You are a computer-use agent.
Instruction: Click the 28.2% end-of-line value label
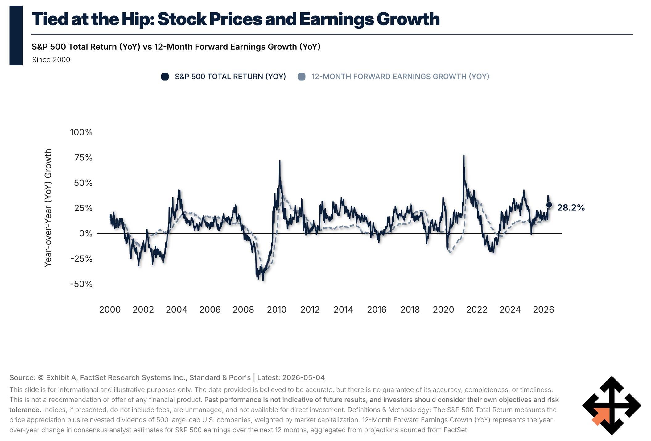(x=571, y=208)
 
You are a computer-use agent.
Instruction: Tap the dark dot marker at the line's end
(x=549, y=205)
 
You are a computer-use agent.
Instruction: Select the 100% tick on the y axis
(x=81, y=132)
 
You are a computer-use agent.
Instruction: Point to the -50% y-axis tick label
(x=81, y=284)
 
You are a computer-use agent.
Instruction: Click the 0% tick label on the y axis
(x=86, y=233)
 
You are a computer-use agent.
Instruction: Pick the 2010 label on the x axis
(x=277, y=310)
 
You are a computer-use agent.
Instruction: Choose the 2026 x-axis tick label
(x=543, y=310)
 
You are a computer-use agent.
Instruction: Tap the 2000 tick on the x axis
(x=110, y=310)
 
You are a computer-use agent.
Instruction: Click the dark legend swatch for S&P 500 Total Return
(x=165, y=77)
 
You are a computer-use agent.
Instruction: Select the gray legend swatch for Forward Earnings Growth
(x=302, y=77)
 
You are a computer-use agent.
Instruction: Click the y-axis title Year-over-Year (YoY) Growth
(x=48, y=208)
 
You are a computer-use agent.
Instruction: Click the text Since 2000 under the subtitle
(x=51, y=60)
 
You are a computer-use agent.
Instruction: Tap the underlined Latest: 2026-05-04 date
(x=291, y=377)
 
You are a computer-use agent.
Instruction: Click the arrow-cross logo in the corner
(x=612, y=405)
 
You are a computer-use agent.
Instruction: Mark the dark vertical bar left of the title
(x=16, y=35)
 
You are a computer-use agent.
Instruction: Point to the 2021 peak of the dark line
(x=464, y=155)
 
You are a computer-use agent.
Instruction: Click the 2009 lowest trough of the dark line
(x=263, y=280)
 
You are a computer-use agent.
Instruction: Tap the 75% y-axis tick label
(x=83, y=158)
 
